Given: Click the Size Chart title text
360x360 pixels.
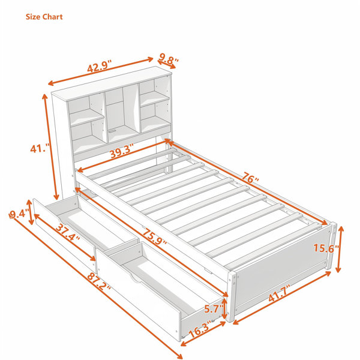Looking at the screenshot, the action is point(44,17).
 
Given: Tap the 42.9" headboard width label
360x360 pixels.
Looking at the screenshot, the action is point(99,67).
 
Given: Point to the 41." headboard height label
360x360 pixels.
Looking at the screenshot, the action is point(40,148).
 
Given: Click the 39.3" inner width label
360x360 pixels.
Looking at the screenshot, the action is point(122,151).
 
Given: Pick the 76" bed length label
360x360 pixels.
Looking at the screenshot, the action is point(250,178).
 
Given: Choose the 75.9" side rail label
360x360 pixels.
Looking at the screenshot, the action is point(155,236).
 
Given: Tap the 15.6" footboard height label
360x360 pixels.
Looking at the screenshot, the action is point(326,248).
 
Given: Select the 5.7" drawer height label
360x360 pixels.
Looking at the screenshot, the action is point(214,309).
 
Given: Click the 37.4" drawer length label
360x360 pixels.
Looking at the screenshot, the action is point(68,232).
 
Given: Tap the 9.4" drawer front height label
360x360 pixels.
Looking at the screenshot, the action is point(19,214).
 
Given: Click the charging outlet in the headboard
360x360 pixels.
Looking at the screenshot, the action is point(113,131).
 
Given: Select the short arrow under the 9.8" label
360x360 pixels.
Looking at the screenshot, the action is point(167,65).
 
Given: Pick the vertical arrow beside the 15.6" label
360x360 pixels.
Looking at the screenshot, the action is point(340,250).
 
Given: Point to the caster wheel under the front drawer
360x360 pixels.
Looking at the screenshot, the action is point(183,337).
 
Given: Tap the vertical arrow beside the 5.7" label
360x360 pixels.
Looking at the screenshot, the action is point(224,309).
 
